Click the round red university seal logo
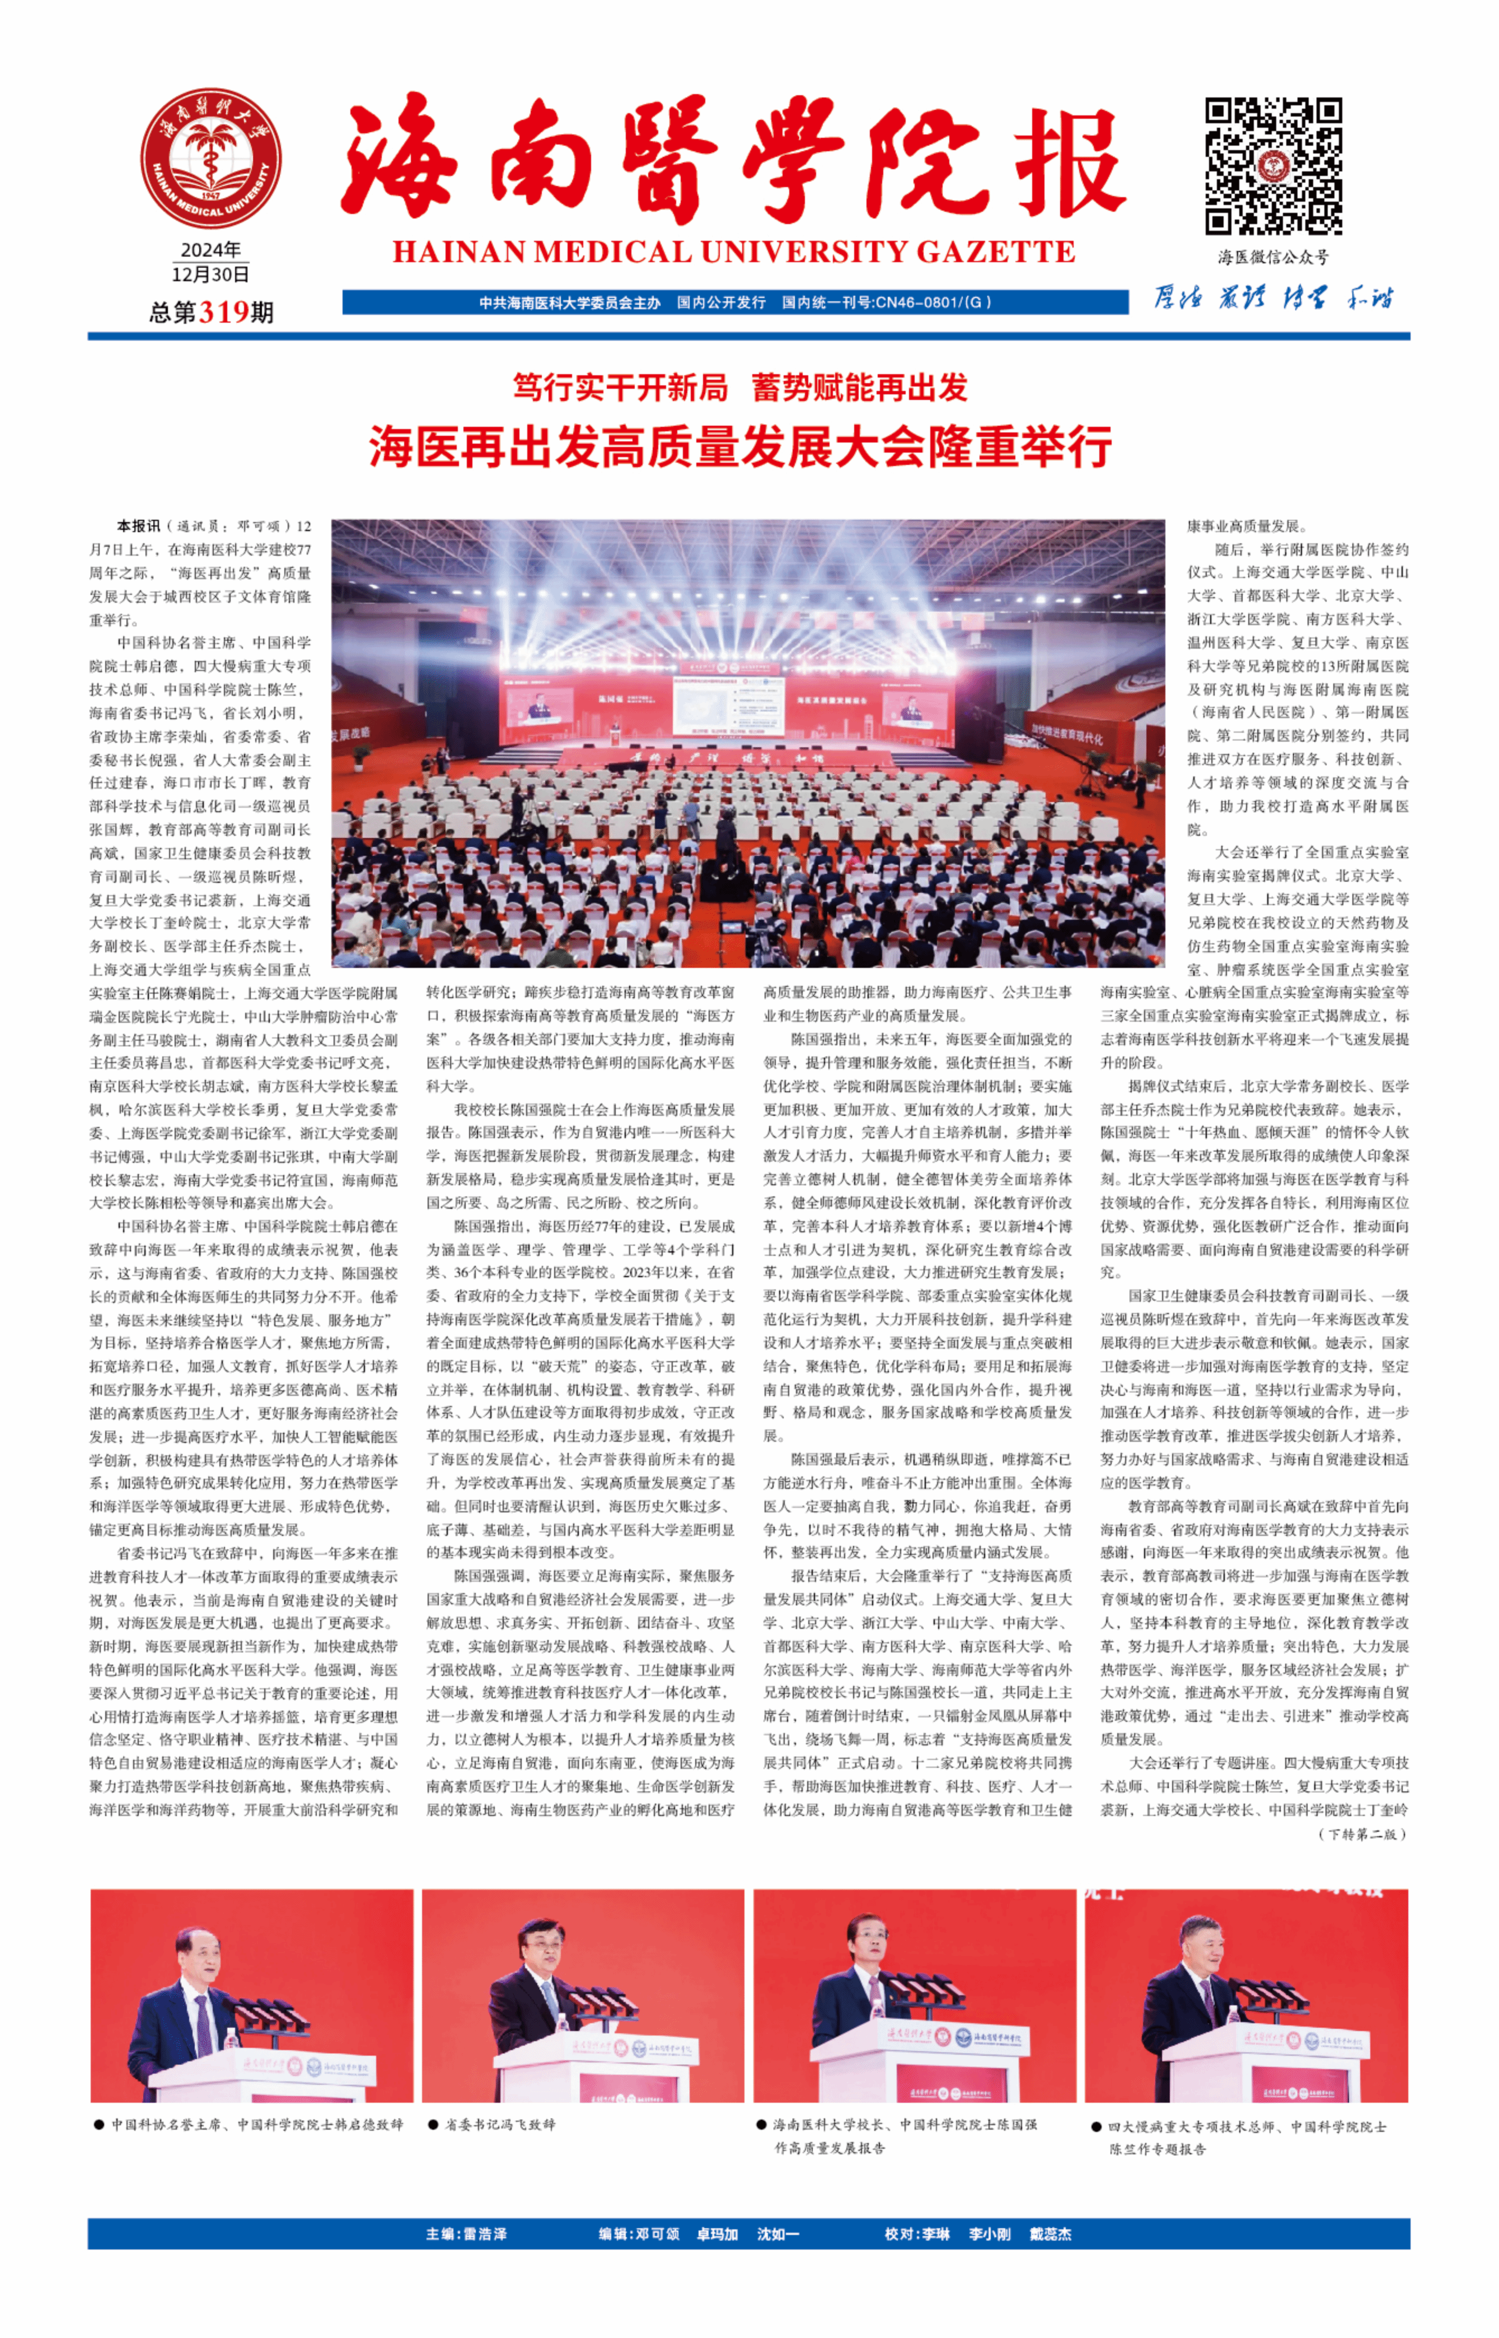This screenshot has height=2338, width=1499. point(210,159)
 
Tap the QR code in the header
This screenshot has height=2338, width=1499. point(1273,166)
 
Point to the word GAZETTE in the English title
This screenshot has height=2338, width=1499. point(995,252)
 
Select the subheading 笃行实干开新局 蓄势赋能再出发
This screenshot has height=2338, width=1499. point(740,388)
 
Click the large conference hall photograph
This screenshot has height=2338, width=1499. point(748,743)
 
